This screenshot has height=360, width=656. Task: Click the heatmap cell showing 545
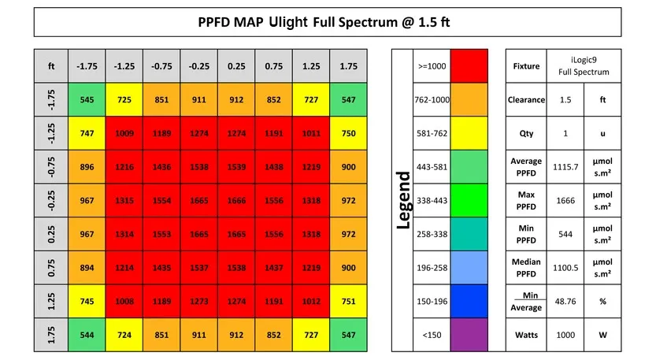87,99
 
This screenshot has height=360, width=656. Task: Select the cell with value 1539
236,167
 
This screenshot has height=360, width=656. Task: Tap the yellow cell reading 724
124,335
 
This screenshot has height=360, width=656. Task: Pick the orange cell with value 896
87,167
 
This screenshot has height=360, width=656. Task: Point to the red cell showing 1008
124,302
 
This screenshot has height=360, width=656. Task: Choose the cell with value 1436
161,167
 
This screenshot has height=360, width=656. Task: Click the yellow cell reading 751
349,302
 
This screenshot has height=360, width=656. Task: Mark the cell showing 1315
124,201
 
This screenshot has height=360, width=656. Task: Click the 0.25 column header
236,66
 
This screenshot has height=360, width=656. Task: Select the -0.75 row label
51,167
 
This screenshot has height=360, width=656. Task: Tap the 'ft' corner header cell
51,66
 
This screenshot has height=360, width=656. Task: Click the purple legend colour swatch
469,335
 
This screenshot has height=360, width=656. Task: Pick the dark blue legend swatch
469,302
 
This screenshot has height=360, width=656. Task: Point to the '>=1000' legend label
432,66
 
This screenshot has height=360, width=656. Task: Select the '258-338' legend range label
432,234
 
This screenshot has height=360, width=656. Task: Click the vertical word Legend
404,200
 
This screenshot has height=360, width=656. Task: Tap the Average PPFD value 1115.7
565,167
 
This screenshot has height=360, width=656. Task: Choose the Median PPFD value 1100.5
565,268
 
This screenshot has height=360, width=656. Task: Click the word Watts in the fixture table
526,335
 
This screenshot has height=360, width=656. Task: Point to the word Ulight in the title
288,22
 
